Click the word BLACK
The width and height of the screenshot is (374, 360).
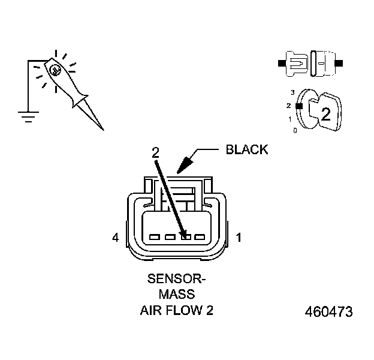pyautogui.click(x=246, y=150)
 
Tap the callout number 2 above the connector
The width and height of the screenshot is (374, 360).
pyautogui.click(x=155, y=152)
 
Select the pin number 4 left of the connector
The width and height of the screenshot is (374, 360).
pyautogui.click(x=115, y=238)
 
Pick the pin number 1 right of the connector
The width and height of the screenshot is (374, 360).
pyautogui.click(x=239, y=238)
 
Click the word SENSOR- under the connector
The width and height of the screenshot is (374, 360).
pyautogui.click(x=176, y=279)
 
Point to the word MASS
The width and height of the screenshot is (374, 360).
pyautogui.click(x=176, y=295)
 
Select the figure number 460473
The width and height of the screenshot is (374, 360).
pyautogui.click(x=328, y=313)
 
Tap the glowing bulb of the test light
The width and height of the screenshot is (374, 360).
pyautogui.click(x=56, y=70)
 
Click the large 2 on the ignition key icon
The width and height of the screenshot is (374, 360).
pyautogui.click(x=325, y=115)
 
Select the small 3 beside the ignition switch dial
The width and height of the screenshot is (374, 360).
pyautogui.click(x=292, y=92)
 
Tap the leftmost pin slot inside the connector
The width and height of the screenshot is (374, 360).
pyautogui.click(x=154, y=237)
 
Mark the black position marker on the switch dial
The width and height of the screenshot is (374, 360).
pyautogui.click(x=298, y=106)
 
